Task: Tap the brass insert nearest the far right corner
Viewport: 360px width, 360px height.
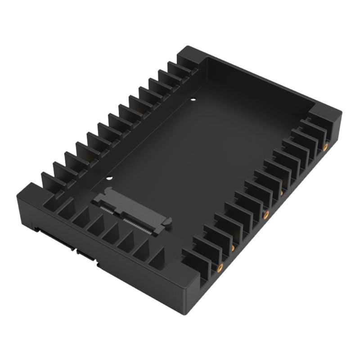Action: coord(325,147)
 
